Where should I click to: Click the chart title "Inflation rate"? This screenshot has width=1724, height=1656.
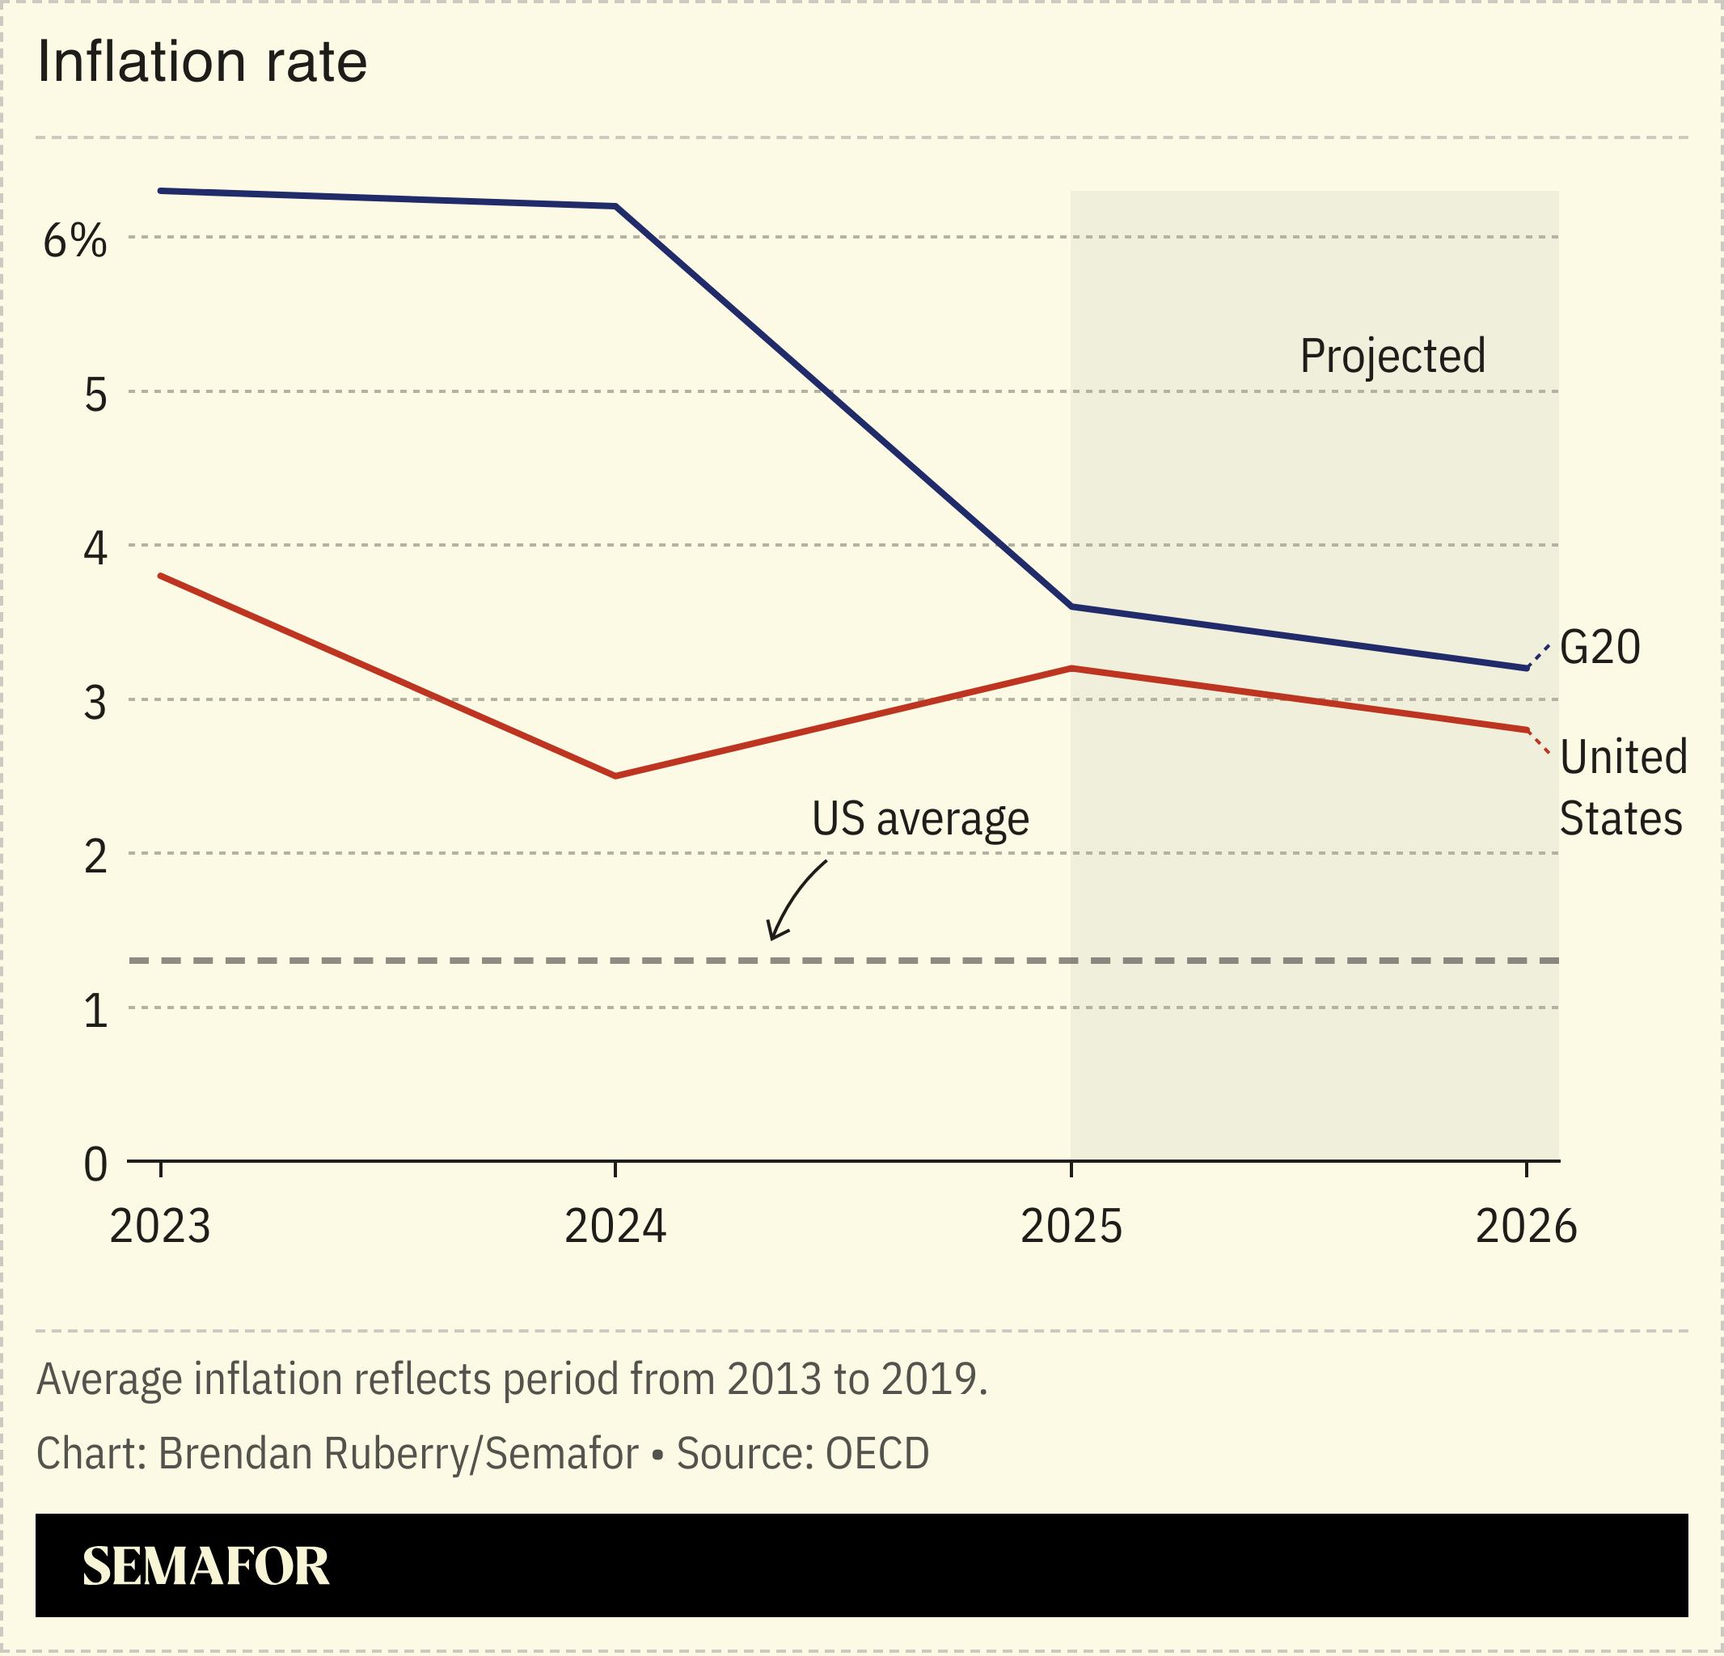[202, 63]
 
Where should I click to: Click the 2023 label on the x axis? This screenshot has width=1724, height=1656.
[160, 1226]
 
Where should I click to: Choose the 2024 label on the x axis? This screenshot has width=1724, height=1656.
[615, 1226]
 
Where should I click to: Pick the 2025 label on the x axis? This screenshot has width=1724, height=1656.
[1071, 1226]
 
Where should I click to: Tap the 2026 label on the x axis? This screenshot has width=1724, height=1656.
[1526, 1226]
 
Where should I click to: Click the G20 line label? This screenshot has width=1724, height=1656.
[1599, 648]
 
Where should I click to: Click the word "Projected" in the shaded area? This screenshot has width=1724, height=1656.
[1392, 356]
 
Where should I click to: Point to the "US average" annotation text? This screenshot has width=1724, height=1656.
[920, 819]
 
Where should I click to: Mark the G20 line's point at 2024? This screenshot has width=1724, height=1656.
[615, 207]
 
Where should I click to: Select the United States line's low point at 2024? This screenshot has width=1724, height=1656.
[615, 775]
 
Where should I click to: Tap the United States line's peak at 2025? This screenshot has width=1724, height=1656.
[1071, 669]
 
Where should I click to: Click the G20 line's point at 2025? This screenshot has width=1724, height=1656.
[1071, 606]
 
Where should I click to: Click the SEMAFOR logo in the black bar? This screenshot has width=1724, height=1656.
[206, 1566]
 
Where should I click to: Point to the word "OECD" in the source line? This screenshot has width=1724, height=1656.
[877, 1454]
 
